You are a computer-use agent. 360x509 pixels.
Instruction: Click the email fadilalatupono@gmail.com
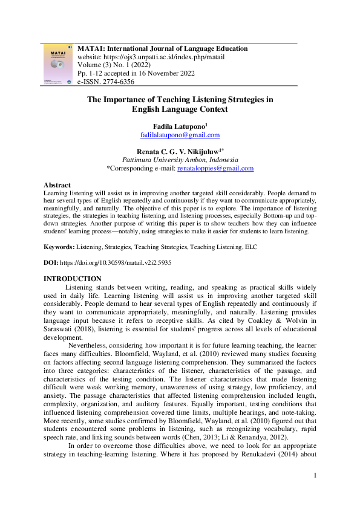tap(180, 135)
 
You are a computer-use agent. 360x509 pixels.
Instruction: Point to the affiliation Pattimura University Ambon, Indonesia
tap(180, 160)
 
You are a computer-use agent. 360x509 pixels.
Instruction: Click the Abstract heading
tap(57, 185)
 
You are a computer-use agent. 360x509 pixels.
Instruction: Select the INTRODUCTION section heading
tap(72, 278)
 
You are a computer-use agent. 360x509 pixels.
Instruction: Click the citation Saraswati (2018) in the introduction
tap(66, 329)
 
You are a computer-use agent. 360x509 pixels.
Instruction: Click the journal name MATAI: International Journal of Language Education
tap(163, 48)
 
